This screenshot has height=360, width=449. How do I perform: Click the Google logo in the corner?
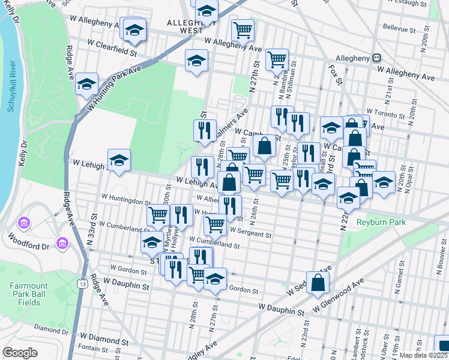(20, 353)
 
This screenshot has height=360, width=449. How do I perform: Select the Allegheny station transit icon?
(377, 58)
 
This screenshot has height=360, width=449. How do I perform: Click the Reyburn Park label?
(381, 222)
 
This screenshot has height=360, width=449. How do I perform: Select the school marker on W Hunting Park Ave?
(87, 84)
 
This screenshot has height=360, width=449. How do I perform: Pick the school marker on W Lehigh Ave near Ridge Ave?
(119, 160)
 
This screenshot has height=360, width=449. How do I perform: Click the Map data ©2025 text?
(424, 355)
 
